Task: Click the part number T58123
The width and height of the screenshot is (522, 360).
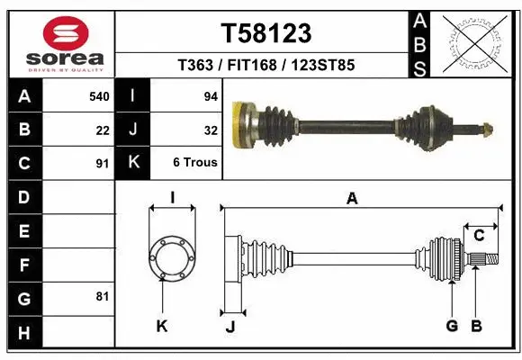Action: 266,33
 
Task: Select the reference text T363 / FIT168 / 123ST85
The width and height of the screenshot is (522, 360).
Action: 266,66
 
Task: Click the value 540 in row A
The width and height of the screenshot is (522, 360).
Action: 99,96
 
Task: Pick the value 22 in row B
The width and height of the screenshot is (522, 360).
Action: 103,130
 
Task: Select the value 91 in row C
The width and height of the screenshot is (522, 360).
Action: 103,165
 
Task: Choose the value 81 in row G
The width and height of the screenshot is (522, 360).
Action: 103,296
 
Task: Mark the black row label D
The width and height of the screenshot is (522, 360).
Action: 22,197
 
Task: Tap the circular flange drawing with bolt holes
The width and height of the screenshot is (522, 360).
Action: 171,259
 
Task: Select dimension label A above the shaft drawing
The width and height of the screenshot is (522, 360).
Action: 352,200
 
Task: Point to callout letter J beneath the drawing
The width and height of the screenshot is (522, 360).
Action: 229,326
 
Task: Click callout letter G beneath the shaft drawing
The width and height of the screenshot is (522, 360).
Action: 452,326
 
